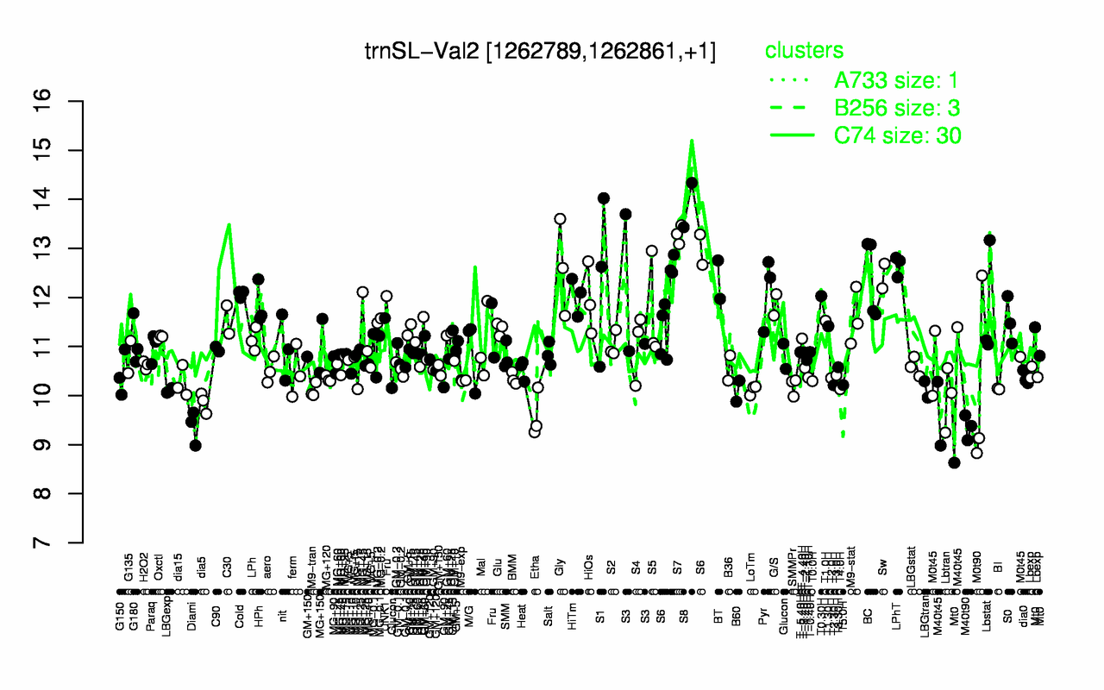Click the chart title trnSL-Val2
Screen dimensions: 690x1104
click(539, 53)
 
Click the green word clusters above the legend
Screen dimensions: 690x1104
click(804, 51)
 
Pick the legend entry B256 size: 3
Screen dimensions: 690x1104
click(898, 108)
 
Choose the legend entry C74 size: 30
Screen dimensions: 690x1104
click(898, 135)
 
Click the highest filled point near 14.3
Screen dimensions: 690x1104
click(691, 183)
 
